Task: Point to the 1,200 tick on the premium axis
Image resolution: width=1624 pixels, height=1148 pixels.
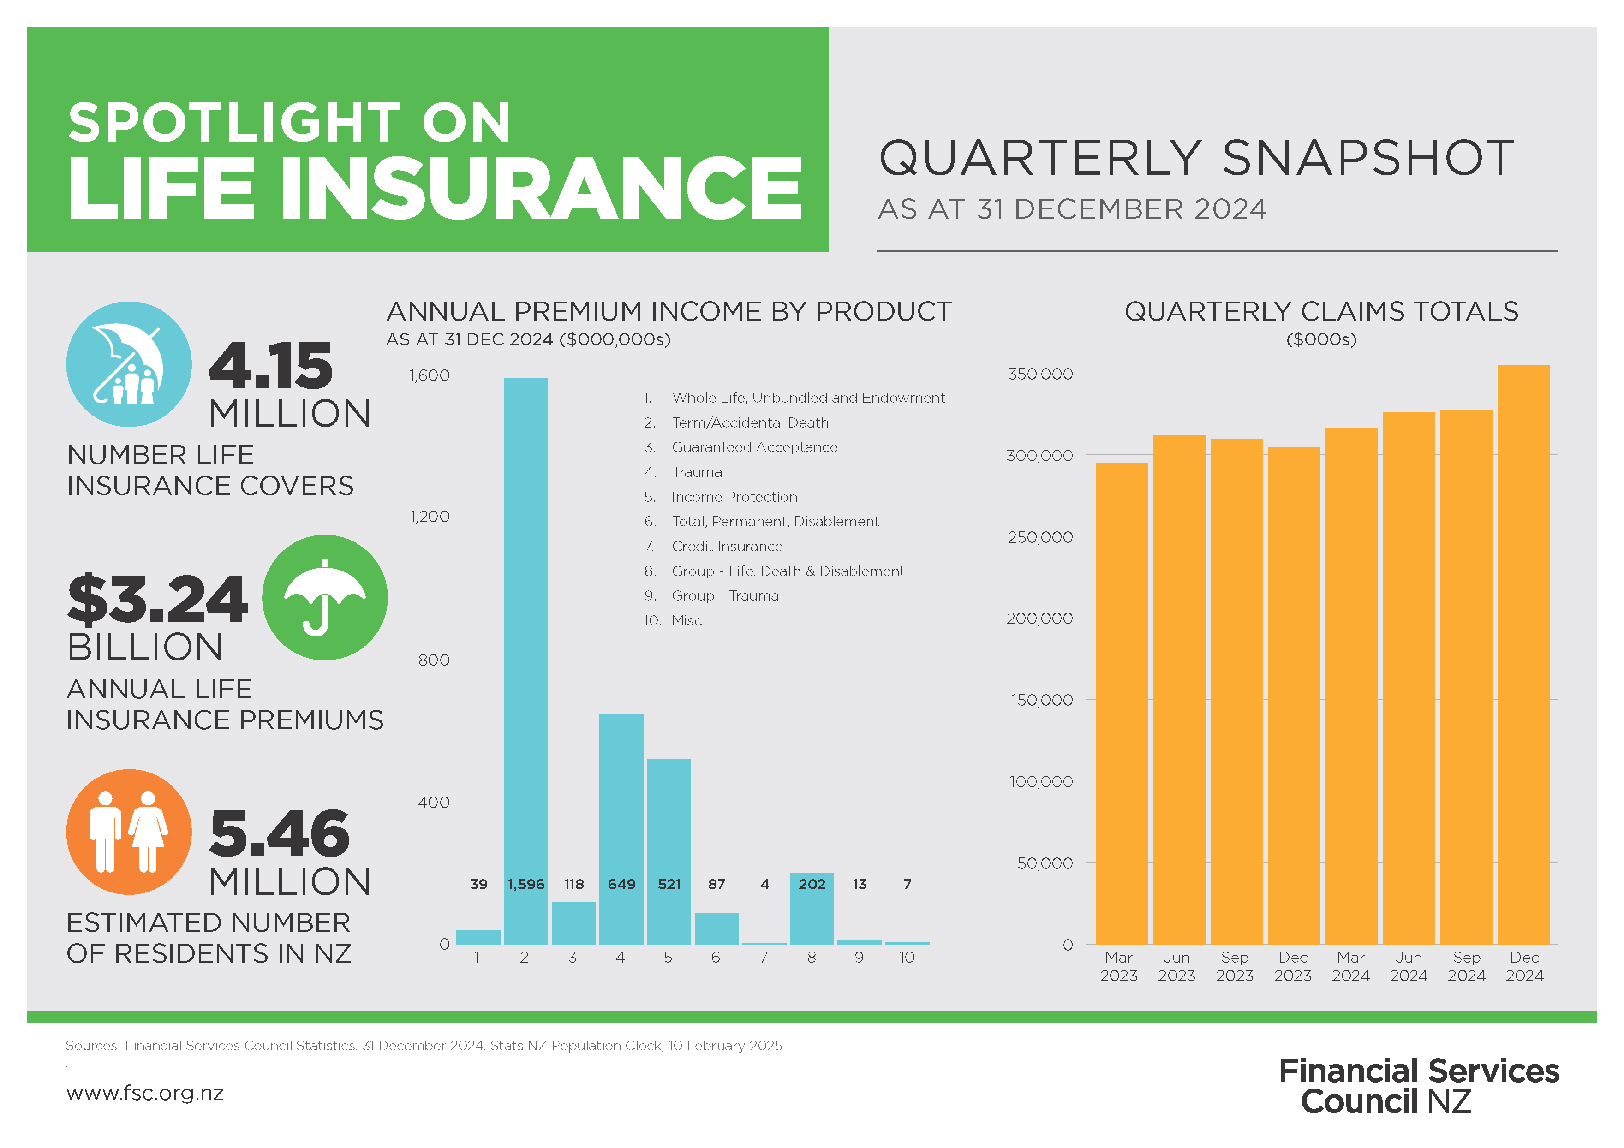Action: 430,517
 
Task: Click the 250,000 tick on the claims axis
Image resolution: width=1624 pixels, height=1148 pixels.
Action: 1040,537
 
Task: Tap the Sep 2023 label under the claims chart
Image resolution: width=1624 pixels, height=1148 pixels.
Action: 1234,966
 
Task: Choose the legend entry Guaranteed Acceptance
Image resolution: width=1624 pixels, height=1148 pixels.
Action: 754,447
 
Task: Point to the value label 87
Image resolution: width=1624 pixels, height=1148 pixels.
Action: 716,884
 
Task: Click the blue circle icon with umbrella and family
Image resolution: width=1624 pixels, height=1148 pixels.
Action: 129,364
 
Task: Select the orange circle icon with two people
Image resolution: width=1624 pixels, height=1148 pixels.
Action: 129,832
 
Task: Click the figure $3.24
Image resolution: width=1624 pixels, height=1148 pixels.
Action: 157,600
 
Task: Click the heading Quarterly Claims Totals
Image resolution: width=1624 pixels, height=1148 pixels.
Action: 1320,312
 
